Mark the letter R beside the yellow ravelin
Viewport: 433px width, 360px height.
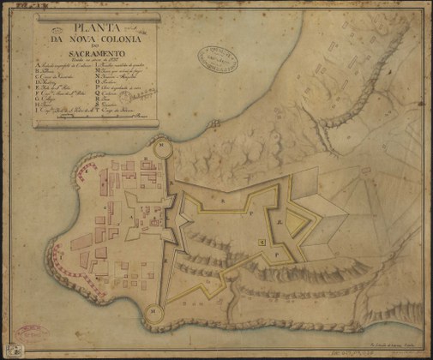pos(280,221)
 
